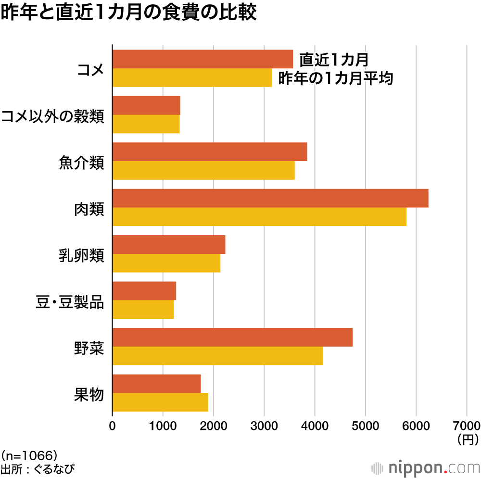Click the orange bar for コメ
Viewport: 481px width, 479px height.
pos(203,59)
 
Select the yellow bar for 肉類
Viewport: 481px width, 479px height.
pos(259,217)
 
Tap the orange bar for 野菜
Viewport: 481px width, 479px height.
pos(232,337)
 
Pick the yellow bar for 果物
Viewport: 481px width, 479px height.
pos(160,402)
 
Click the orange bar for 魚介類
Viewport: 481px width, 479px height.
pos(210,152)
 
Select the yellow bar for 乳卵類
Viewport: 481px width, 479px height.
pos(166,263)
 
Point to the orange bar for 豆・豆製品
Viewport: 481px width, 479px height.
pos(144,291)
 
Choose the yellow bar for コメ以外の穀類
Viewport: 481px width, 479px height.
pos(146,124)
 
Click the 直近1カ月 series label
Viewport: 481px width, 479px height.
pos(334,60)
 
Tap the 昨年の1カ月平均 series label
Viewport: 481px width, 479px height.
pos(336,78)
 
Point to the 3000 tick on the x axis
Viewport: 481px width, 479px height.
pos(264,426)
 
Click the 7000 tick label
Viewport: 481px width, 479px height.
pos(467,426)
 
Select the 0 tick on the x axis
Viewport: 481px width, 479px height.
pos(113,426)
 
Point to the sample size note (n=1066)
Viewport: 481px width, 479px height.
pos(29,454)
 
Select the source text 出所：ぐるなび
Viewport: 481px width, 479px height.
pos(38,468)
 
